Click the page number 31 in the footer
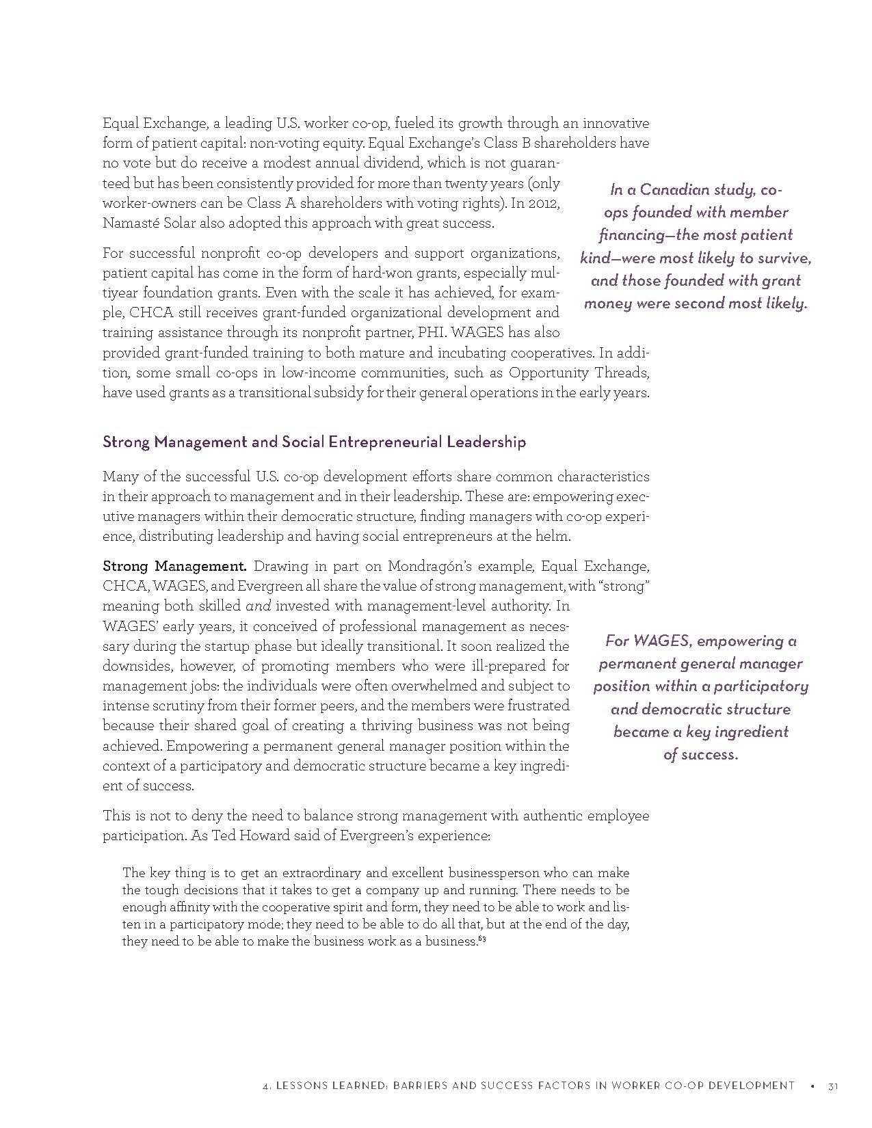coord(832,1086)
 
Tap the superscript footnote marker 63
coord(482,938)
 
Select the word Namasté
coord(129,223)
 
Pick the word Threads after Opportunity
coord(619,373)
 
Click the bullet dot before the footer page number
coord(812,1086)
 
